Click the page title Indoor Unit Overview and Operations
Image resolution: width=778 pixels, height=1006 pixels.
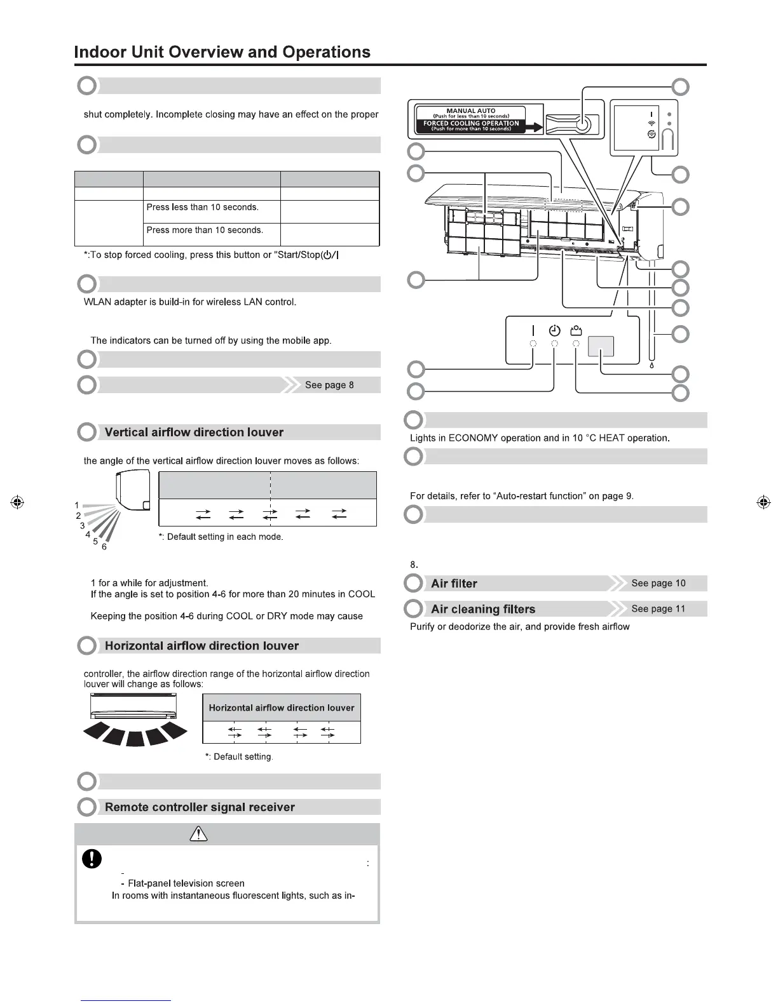[x=222, y=52]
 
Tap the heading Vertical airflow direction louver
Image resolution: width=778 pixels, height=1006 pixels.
[x=194, y=433]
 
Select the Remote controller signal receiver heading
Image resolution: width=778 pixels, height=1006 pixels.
[x=200, y=807]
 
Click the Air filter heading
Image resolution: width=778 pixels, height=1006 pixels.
[x=454, y=584]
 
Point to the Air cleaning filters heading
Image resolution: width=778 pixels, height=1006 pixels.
[x=483, y=609]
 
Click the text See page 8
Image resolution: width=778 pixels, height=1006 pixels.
[x=329, y=385]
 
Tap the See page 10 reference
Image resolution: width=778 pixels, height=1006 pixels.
[x=659, y=583]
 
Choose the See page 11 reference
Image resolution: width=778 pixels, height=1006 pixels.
[x=659, y=608]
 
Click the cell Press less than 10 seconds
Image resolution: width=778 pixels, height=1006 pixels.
[x=203, y=207]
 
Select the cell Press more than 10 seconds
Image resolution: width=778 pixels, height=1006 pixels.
[x=205, y=230]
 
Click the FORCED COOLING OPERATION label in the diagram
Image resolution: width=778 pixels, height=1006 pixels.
[x=471, y=123]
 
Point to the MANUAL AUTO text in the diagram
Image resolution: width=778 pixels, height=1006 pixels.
[x=471, y=111]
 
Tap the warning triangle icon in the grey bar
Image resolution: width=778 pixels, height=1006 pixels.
[x=199, y=835]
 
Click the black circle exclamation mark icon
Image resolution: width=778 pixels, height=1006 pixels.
[x=92, y=859]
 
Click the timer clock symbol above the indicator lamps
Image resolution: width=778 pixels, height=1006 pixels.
[x=554, y=330]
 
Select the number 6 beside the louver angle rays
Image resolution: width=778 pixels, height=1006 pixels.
[x=104, y=547]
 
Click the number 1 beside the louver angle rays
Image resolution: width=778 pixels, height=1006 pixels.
[x=77, y=506]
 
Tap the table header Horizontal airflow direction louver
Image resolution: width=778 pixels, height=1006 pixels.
[x=282, y=708]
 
